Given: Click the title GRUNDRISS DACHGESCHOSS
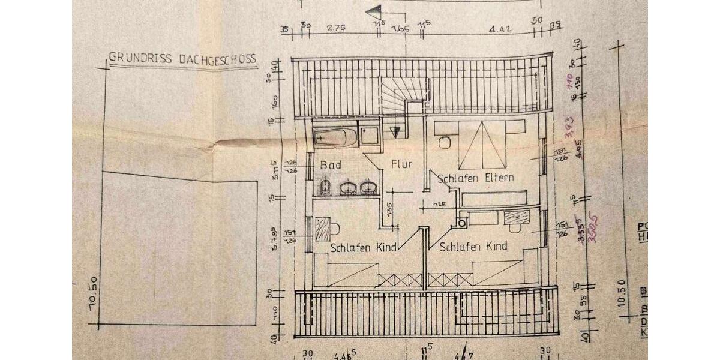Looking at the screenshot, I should (182, 59).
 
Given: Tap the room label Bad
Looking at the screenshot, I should (331, 165).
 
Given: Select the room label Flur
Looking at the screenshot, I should (401, 164).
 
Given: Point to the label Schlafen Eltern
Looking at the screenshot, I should (476, 178).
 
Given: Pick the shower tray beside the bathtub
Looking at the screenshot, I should (368, 133).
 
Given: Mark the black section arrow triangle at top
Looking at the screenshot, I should (374, 10).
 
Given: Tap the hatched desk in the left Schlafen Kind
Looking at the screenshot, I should (322, 229).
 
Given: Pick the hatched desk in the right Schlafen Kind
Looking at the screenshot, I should (516, 217).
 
